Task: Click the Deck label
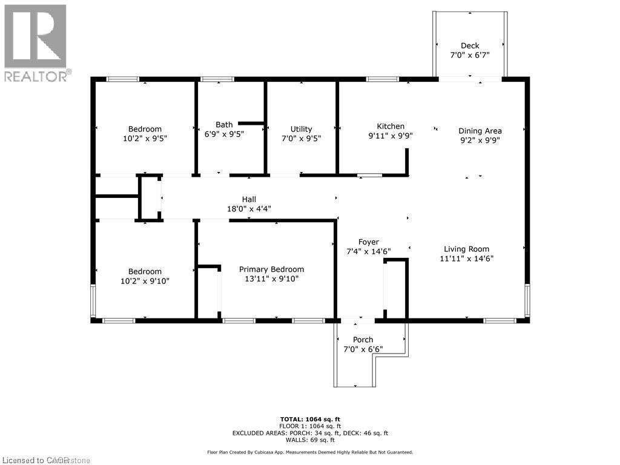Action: point(470,45)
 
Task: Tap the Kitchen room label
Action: point(391,126)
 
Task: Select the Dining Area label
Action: point(480,130)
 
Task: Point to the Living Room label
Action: point(466,249)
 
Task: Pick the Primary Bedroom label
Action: point(271,269)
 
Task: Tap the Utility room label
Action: point(301,129)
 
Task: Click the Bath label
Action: point(224,125)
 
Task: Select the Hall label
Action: point(249,199)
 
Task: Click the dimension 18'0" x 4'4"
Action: point(249,209)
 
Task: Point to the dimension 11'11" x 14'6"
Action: point(466,259)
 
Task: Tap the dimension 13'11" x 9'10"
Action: point(271,279)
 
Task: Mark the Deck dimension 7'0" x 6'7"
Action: point(470,55)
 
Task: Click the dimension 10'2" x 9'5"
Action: point(145,139)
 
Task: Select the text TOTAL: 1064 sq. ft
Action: point(309,418)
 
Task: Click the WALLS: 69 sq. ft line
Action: point(309,440)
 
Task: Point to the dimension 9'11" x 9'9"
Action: point(391,136)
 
